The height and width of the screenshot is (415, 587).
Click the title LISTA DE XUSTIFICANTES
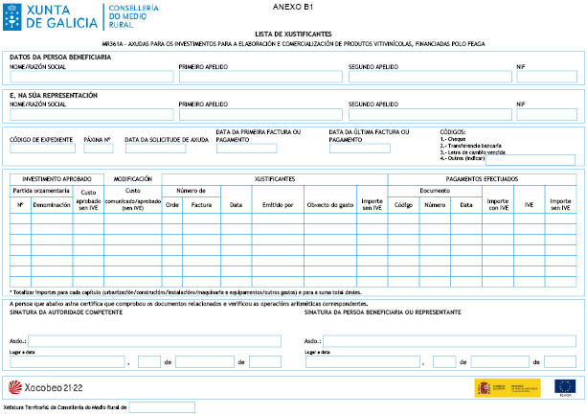click(293, 33)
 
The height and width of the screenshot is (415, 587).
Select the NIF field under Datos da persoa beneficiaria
click(546, 77)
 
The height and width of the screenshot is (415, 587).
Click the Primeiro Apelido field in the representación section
click(260, 114)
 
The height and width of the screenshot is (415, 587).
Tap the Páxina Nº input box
click(99, 149)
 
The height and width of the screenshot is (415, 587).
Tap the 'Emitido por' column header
click(272, 204)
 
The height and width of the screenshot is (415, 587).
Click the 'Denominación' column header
click(52, 204)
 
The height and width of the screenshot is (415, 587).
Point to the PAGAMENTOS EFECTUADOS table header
click(482, 179)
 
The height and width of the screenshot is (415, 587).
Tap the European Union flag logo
click(564, 386)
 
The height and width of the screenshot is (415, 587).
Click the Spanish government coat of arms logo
click(507, 386)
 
